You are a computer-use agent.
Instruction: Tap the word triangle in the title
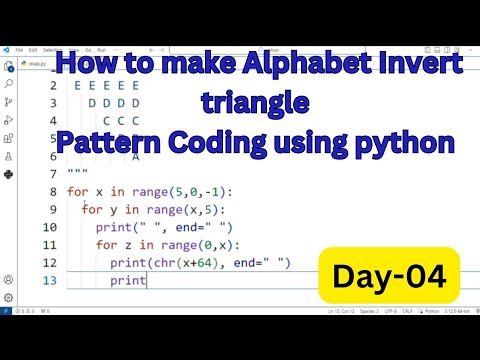[255, 102]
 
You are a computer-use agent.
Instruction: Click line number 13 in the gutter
[48, 281]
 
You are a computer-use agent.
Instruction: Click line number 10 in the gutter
[48, 227]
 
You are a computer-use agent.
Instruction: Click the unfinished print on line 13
[129, 281]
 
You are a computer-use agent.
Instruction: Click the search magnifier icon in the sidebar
[9, 84]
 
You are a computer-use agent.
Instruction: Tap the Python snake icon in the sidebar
[9, 173]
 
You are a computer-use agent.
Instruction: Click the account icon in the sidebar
[9, 280]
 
